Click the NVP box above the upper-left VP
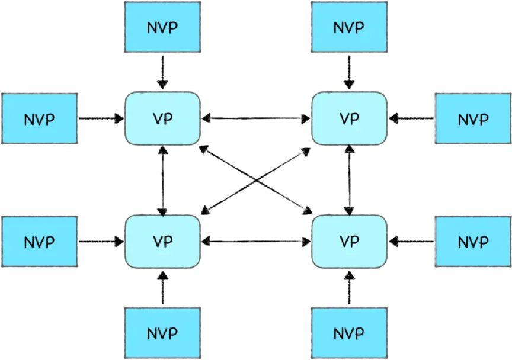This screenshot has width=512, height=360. (x=163, y=28)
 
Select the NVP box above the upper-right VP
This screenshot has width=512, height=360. (x=349, y=28)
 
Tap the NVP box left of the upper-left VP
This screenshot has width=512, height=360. (x=39, y=118)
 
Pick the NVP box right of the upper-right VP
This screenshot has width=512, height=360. (x=473, y=118)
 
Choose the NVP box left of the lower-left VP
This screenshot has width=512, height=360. (x=39, y=242)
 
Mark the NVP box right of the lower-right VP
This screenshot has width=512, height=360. (x=473, y=242)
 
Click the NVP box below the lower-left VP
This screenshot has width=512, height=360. (x=163, y=333)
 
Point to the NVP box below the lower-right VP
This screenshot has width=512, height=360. (x=349, y=333)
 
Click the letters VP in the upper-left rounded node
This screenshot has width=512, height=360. (x=162, y=118)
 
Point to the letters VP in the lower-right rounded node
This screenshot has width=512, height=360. (x=350, y=242)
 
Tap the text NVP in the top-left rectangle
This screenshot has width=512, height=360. (x=163, y=28)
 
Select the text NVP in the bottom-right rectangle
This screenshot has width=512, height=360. (x=349, y=333)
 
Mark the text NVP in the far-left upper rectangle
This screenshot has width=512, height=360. (x=39, y=119)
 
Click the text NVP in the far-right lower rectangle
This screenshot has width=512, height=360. (x=473, y=242)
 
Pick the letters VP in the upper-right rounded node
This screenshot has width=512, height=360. (x=350, y=118)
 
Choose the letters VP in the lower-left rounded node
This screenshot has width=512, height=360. (x=162, y=242)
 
